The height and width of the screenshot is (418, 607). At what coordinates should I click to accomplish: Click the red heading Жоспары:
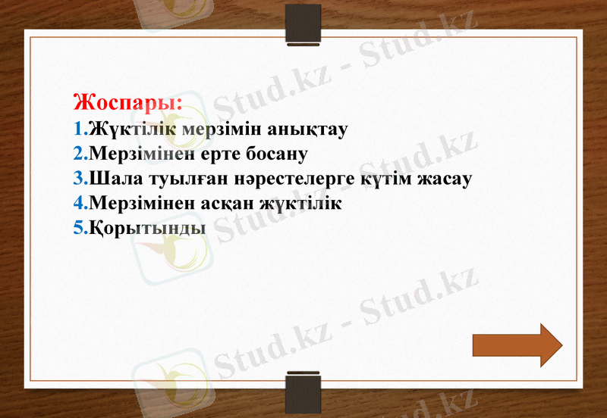pos(128,102)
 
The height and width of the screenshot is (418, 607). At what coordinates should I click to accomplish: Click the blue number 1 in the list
pos(79,129)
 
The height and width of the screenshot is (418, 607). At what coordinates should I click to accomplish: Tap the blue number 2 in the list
pos(79,154)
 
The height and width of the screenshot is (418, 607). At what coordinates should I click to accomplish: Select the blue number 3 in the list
pos(79,179)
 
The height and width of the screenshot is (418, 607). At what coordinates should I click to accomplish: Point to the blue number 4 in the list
pos(79,204)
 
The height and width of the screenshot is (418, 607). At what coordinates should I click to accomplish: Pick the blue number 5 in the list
pos(79,227)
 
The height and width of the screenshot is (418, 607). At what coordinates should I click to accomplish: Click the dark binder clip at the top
pos(303,23)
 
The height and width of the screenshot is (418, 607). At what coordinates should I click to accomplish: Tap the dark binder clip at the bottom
pos(303,392)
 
